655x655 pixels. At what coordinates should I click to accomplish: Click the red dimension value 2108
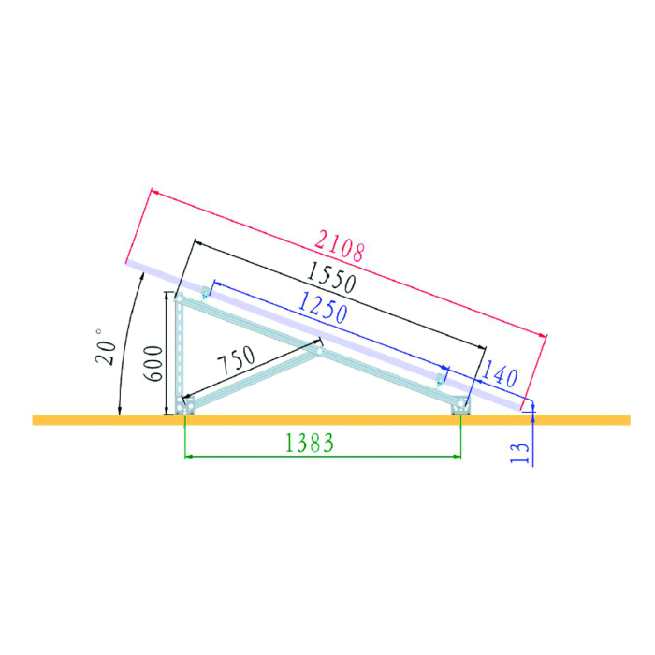coord(339,246)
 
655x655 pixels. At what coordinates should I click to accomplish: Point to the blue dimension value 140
coord(501,375)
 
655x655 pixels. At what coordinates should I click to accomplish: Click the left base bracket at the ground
coord(186,406)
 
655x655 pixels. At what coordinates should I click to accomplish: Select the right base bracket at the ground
coord(461,405)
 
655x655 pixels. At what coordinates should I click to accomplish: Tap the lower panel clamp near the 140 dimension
coord(442,380)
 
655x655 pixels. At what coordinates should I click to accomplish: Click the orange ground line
coord(580,419)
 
